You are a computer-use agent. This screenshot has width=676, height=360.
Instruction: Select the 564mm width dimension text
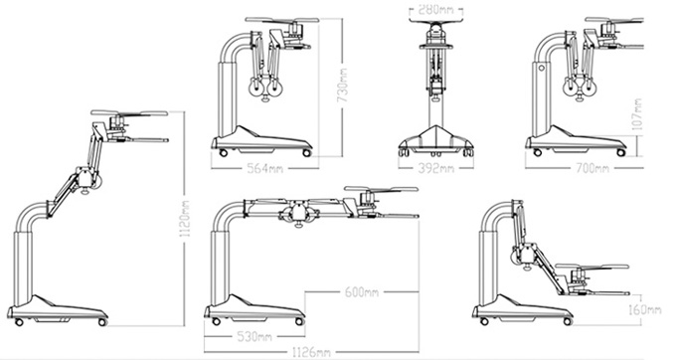pos(264,168)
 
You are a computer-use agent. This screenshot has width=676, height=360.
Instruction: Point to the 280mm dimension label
pos(435,9)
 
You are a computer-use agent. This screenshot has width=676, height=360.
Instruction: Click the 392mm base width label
pos(435,168)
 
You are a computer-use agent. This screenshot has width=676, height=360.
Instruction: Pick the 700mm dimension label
pos(592,168)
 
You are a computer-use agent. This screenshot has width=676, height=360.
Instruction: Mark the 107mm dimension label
pos(637,113)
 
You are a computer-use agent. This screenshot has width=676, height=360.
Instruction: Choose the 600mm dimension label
pos(362,292)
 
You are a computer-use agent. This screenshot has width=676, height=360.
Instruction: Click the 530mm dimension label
pos(254,336)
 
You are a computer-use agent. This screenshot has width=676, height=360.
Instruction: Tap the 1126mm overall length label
pos(311,352)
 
